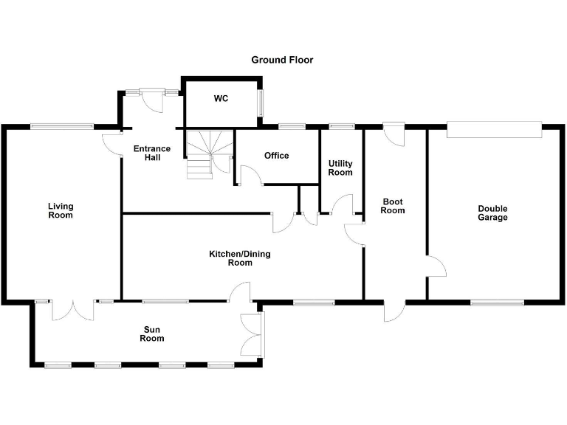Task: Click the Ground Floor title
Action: tap(282, 60)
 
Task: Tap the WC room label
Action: tap(221, 98)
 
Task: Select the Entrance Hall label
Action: tap(152, 153)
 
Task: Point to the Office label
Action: tap(277, 156)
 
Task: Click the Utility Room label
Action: tap(340, 168)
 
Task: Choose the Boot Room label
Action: tap(393, 206)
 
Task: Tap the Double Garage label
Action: tap(492, 212)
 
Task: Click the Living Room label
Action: tap(61, 211)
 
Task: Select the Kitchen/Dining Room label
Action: tap(240, 258)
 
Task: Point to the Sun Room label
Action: tap(152, 334)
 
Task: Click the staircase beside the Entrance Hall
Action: tap(210, 154)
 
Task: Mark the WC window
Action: tap(260, 103)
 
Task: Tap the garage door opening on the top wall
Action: tap(495, 130)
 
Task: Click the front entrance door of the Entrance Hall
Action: tap(152, 100)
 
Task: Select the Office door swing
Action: tap(250, 176)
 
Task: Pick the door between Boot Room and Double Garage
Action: tap(437, 266)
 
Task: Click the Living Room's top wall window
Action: tap(62, 126)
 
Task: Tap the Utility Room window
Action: tap(342, 126)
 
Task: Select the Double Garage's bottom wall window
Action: tap(497, 303)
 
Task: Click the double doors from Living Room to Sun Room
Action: tap(73, 310)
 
